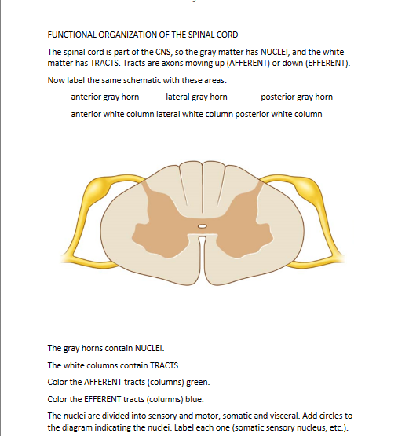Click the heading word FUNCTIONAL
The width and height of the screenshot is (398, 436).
coord(70,35)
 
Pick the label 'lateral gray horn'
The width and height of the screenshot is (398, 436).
coord(196,97)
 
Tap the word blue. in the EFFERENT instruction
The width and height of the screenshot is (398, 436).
coord(195,399)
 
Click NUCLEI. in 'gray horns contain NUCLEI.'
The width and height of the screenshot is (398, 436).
coord(149,348)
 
